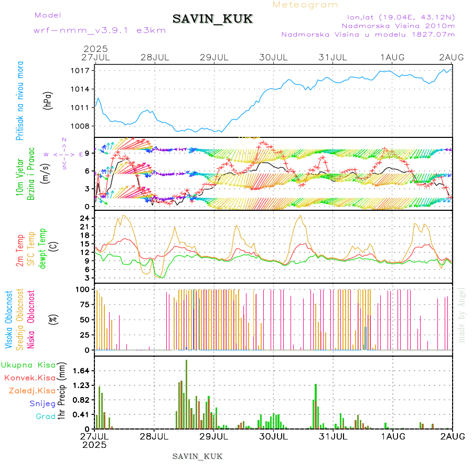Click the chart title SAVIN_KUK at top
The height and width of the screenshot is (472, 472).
(213, 19)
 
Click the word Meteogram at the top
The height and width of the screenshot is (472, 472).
(306, 5)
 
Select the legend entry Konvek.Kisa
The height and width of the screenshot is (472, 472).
(29, 378)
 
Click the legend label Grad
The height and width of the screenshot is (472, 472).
(45, 416)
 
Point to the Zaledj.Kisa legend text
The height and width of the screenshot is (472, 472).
(32, 391)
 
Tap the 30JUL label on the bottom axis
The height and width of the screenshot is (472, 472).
(273, 436)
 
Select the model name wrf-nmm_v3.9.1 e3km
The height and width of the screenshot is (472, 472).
(100, 30)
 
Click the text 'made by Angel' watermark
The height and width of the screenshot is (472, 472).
(462, 315)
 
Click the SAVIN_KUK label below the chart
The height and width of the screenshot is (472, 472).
(198, 456)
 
